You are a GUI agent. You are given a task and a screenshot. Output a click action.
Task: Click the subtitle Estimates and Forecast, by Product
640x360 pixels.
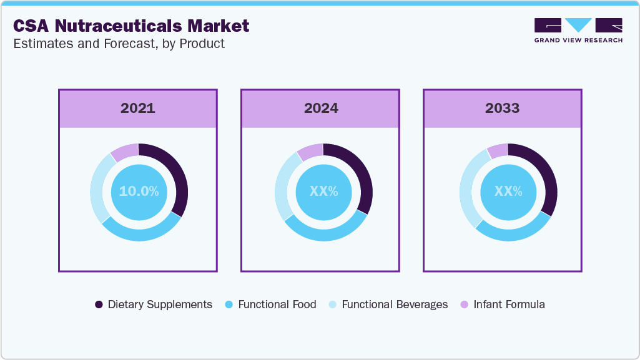[119, 44]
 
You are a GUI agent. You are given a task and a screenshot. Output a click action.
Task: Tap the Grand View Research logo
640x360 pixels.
[578, 30]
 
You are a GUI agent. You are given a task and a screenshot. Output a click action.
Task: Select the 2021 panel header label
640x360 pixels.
[138, 108]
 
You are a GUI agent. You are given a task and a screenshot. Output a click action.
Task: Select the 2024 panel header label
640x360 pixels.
[321, 108]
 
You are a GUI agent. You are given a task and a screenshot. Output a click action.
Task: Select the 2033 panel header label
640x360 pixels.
[503, 108]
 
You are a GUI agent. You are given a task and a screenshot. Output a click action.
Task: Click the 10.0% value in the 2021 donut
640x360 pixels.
[139, 192]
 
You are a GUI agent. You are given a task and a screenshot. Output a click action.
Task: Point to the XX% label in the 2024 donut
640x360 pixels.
[323, 192]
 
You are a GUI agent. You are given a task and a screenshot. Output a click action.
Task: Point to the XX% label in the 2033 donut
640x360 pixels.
[508, 192]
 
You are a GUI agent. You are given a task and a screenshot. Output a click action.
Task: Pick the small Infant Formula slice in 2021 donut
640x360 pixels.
[124, 152]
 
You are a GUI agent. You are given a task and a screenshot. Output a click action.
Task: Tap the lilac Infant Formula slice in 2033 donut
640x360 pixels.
[498, 151]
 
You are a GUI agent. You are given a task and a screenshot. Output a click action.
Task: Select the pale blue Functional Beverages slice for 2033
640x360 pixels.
[469, 187]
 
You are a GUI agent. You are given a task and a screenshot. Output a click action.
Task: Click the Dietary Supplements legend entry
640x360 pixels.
[154, 304]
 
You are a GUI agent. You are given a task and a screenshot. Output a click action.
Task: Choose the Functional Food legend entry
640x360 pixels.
[270, 304]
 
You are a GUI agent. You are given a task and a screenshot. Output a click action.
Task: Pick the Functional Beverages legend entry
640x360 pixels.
[387, 304]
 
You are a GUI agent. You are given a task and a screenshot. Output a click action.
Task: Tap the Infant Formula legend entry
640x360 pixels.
[502, 304]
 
